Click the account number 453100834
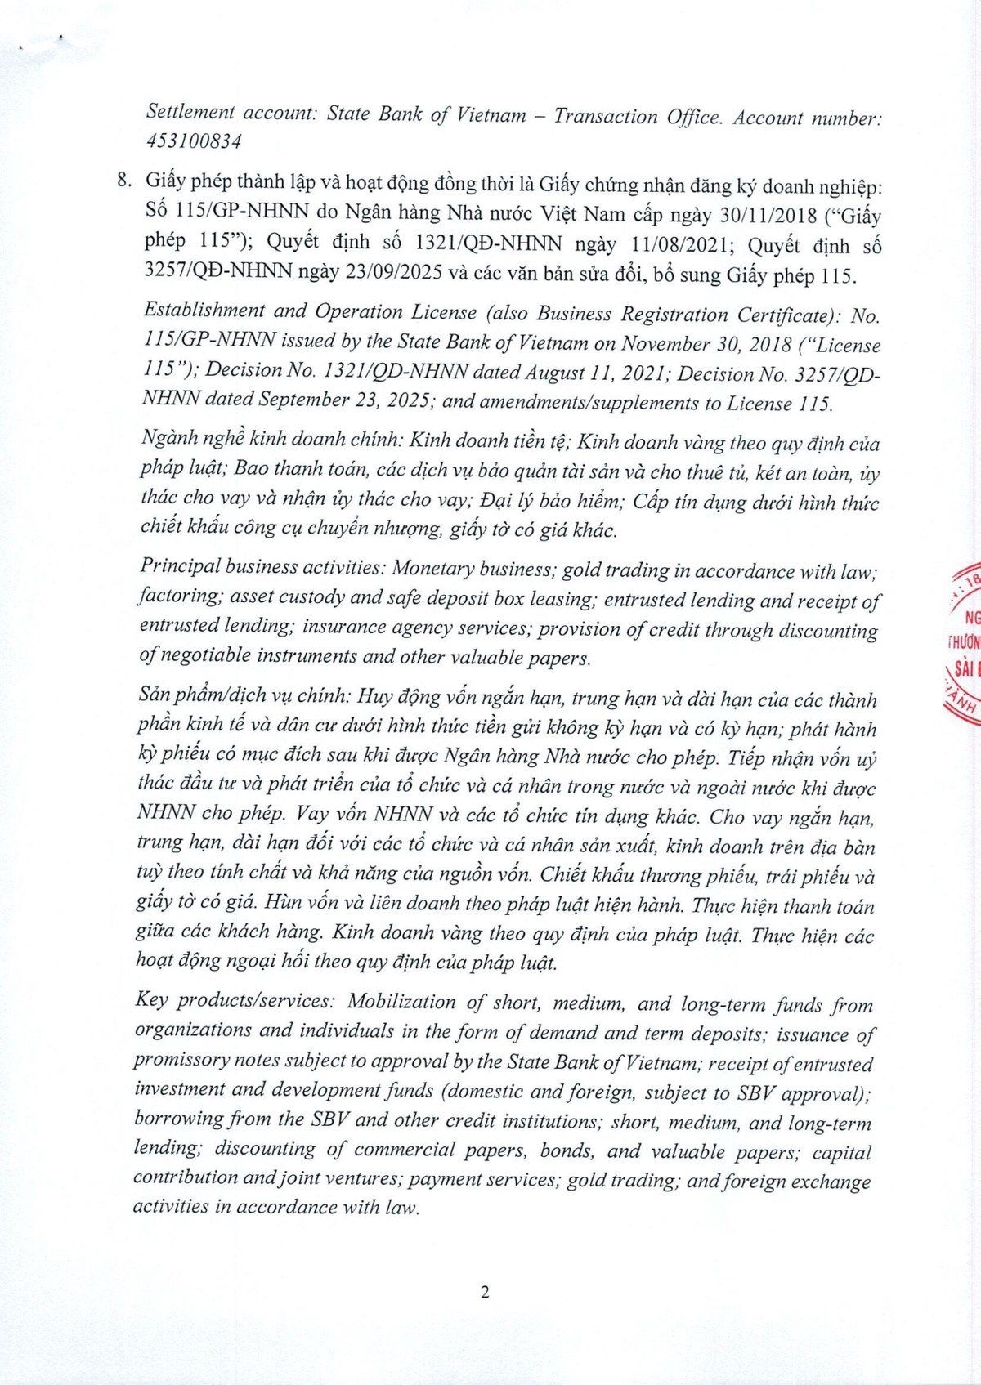(x=194, y=141)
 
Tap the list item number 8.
(x=123, y=181)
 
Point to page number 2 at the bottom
(x=485, y=1292)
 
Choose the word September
(x=305, y=400)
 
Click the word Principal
(x=180, y=566)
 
